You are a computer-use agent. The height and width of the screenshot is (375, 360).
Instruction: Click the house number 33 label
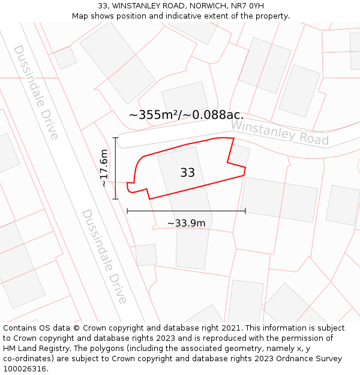tap(187, 173)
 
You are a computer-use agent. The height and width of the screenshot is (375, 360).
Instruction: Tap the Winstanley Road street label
tap(280, 133)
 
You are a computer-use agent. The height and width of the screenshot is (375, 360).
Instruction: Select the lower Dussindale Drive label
tap(104, 256)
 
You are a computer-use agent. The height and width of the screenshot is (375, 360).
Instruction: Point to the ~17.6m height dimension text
tap(104, 168)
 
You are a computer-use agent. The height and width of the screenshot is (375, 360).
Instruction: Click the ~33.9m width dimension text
tap(186, 223)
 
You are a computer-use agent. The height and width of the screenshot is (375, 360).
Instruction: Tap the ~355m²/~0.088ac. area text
tap(186, 115)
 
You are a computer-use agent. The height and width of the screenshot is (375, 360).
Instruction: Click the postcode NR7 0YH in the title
tap(247, 6)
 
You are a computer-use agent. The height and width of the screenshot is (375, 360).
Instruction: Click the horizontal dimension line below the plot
tap(186, 211)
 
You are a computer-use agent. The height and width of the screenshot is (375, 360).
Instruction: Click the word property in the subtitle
tap(272, 16)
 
